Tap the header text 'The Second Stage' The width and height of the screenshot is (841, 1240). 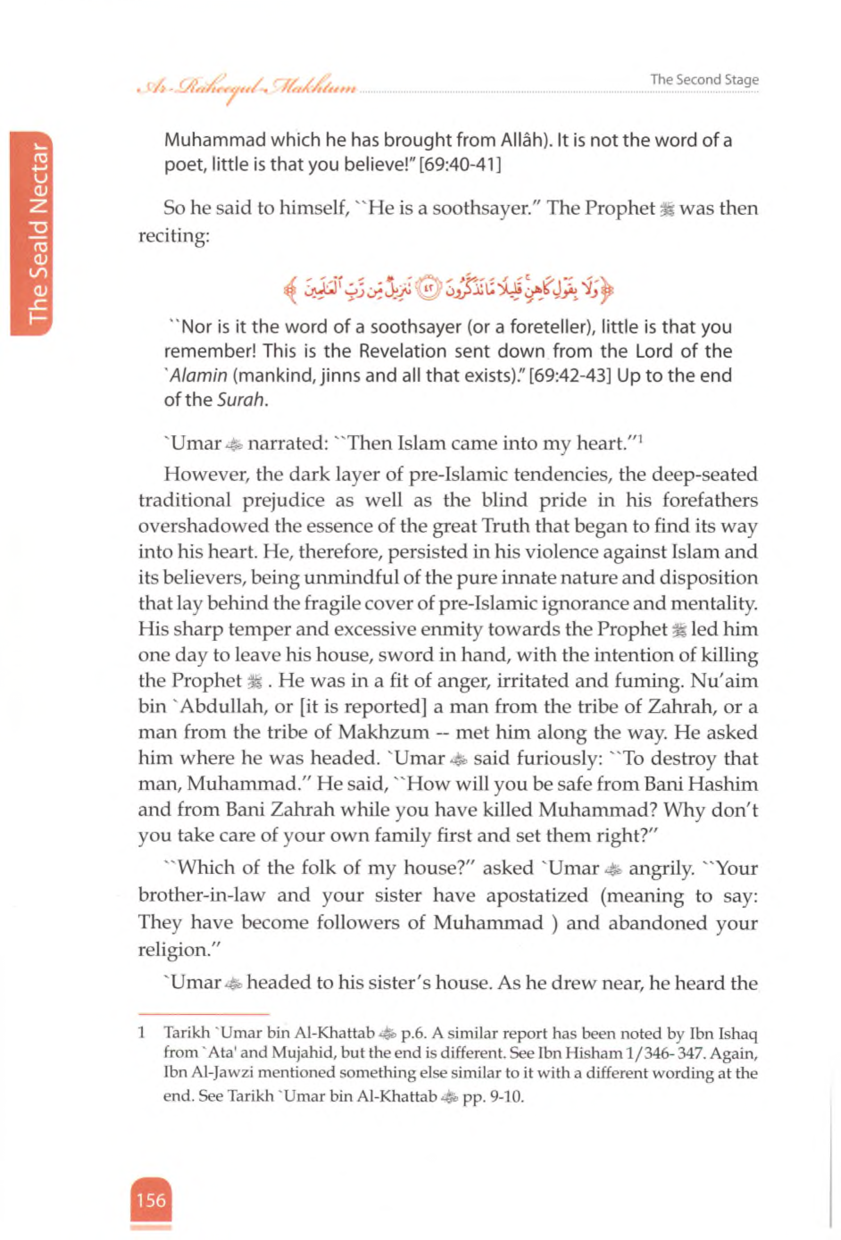coord(704,79)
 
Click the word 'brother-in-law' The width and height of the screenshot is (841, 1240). coord(202,895)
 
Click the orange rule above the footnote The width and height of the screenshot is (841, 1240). coord(203,1014)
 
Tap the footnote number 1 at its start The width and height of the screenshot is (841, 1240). coord(142,1032)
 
